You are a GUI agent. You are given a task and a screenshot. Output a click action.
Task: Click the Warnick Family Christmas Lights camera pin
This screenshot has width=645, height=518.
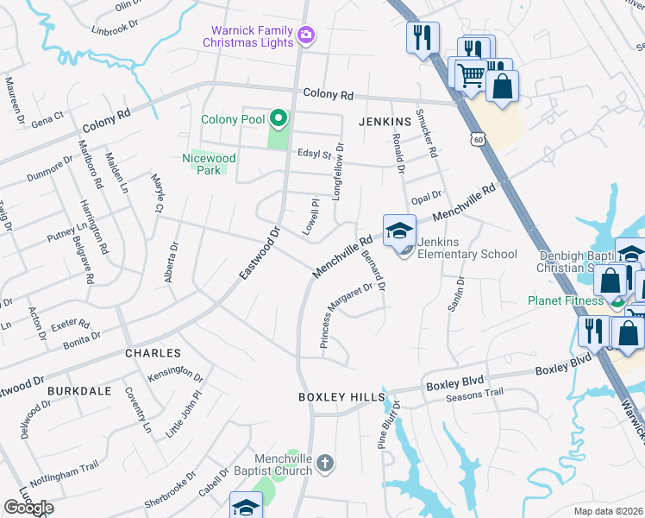(305, 35)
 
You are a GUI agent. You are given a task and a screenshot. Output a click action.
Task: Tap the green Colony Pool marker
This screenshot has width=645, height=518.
(278, 119)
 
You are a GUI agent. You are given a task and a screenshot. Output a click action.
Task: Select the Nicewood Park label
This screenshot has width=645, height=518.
(209, 164)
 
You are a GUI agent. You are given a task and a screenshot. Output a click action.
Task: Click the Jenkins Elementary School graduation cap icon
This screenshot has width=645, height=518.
(399, 231)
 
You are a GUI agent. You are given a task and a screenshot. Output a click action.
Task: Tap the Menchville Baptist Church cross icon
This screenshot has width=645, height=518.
(324, 464)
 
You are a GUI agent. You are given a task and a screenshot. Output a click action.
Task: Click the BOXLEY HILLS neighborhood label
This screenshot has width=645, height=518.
(341, 396)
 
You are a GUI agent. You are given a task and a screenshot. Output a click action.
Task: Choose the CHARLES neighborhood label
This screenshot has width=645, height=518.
(153, 353)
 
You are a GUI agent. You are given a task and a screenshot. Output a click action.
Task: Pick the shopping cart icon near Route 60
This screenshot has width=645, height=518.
(469, 75)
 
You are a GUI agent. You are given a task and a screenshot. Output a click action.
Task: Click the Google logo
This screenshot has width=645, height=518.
(29, 508)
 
